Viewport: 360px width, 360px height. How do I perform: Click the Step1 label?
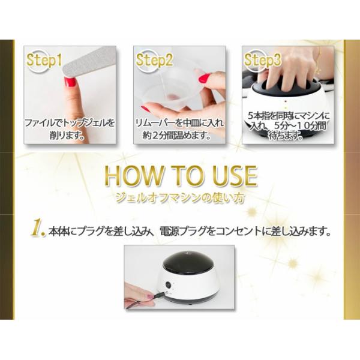pos(44,60)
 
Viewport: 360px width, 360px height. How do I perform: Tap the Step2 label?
pos(154,60)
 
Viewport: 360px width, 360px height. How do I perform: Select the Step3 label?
pos(262,60)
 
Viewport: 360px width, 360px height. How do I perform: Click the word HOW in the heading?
pos(133,176)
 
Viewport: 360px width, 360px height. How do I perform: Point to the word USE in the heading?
pos(234,176)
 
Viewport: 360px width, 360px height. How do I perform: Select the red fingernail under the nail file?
pos(70,82)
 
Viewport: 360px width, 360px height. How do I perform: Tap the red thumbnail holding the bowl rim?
pos(204,79)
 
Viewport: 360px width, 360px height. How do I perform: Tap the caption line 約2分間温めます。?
pos(176,136)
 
